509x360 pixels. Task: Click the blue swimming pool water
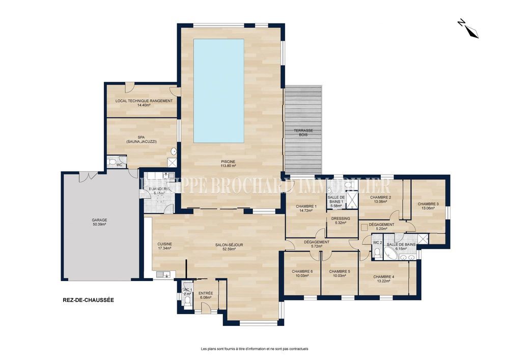tap(219, 91)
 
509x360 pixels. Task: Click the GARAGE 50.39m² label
tap(99, 222)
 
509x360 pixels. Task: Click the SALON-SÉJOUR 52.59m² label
tap(229, 246)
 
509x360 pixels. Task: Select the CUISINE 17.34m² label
tap(164, 246)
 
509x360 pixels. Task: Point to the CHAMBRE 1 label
tap(306, 208)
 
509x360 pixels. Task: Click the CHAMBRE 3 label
tap(428, 206)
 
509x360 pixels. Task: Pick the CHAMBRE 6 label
tap(302, 273)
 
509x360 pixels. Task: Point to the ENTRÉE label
tap(206, 295)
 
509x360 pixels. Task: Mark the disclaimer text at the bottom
tap(254, 349)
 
